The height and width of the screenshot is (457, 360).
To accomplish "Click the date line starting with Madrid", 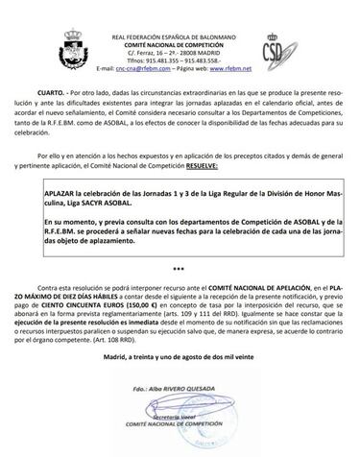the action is [x=180, y=358].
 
